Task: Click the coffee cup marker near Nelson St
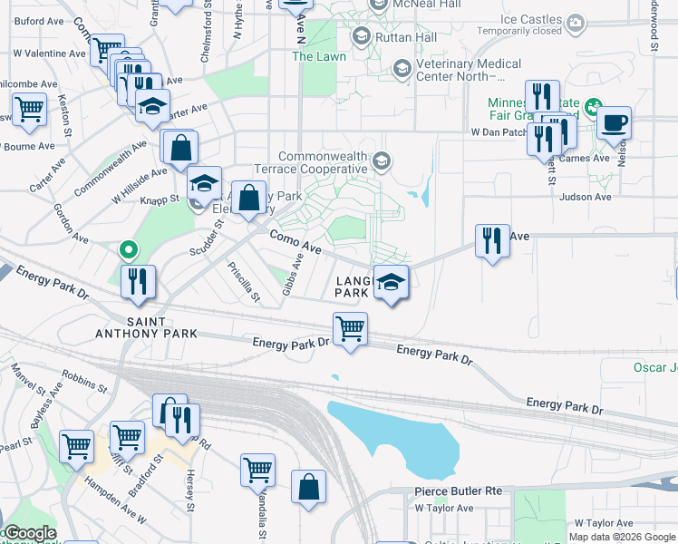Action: pos(614,121)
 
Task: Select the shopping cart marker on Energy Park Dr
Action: pos(350,327)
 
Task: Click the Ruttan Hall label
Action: pos(407,36)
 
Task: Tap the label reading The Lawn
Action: pos(318,56)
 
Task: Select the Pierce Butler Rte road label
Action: pos(458,491)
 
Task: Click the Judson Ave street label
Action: pos(586,196)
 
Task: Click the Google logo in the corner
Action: pos(30,533)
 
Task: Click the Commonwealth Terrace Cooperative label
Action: pos(323,162)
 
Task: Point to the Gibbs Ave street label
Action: pos(293,276)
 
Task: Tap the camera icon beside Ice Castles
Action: pos(575,21)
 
